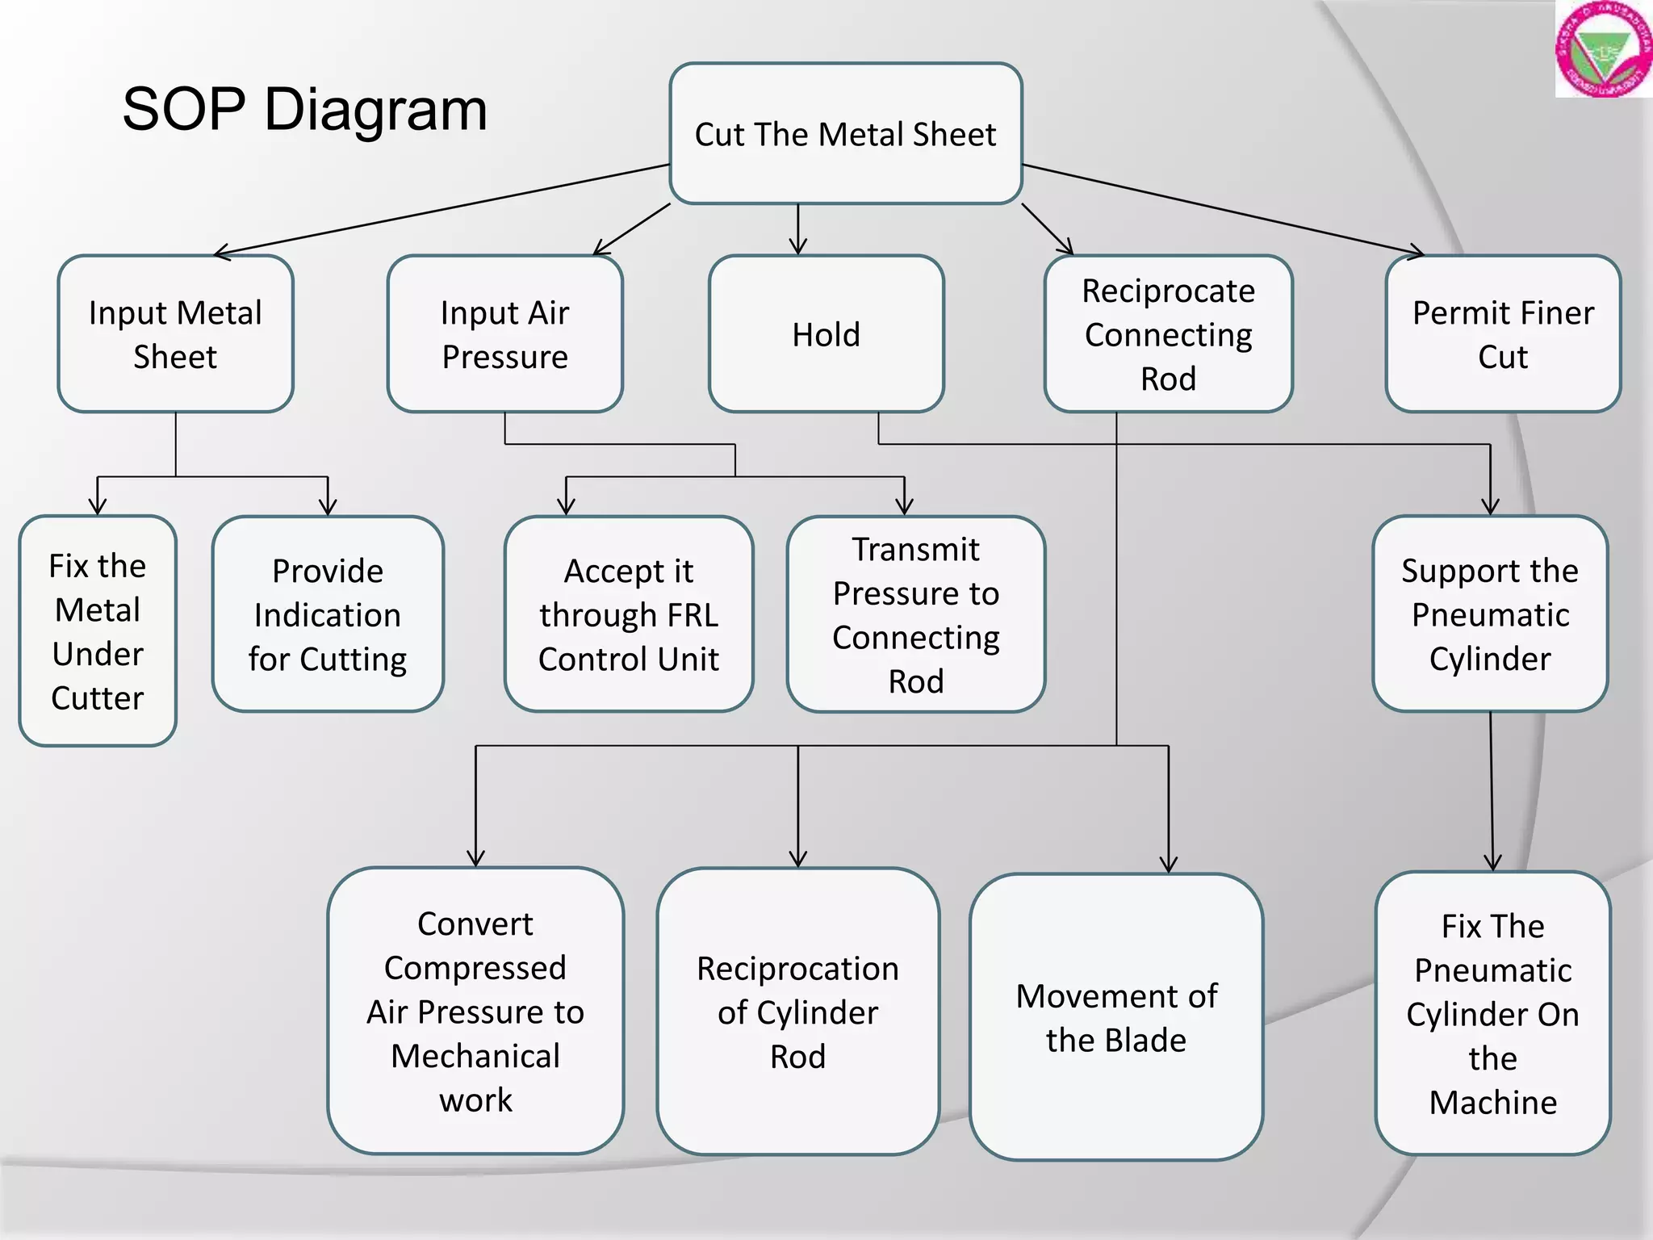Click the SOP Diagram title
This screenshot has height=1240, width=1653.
305,109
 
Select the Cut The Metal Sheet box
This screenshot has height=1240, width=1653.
845,133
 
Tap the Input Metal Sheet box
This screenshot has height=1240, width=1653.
175,333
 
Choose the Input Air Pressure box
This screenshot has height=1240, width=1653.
504,333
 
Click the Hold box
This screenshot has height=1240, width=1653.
826,333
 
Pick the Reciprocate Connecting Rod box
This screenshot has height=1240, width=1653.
1168,333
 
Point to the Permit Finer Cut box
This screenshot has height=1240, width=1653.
1502,333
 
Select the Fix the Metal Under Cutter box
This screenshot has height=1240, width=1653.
98,630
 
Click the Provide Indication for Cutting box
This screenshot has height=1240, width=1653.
327,614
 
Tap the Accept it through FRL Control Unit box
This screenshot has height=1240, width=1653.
628,614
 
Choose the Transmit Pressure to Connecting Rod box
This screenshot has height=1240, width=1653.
915,614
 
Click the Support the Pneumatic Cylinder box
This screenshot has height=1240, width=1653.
1489,614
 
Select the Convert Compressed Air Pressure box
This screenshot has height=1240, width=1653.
475,1011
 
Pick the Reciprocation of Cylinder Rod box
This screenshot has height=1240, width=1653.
797,1012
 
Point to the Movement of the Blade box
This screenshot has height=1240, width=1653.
1116,1017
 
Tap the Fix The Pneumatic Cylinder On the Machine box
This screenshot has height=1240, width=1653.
1492,1013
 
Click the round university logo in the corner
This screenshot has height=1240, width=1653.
1604,49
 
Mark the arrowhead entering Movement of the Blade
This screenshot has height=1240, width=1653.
1168,865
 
